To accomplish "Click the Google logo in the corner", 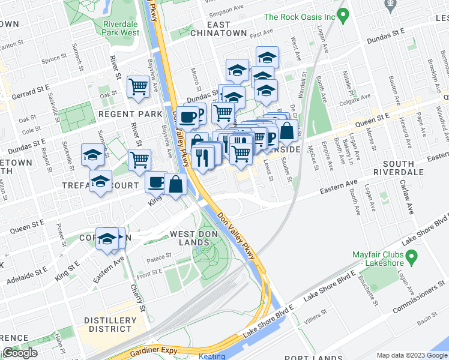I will (x=20, y=353).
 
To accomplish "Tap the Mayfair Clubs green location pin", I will (x=411, y=258).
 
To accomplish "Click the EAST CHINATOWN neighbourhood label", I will (x=218, y=29).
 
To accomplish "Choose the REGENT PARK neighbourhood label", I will (x=130, y=114).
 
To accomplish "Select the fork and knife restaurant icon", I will (x=204, y=157).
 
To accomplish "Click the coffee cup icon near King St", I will (x=156, y=182).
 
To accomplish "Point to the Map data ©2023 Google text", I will (x=411, y=355).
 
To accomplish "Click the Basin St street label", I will (x=427, y=320).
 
